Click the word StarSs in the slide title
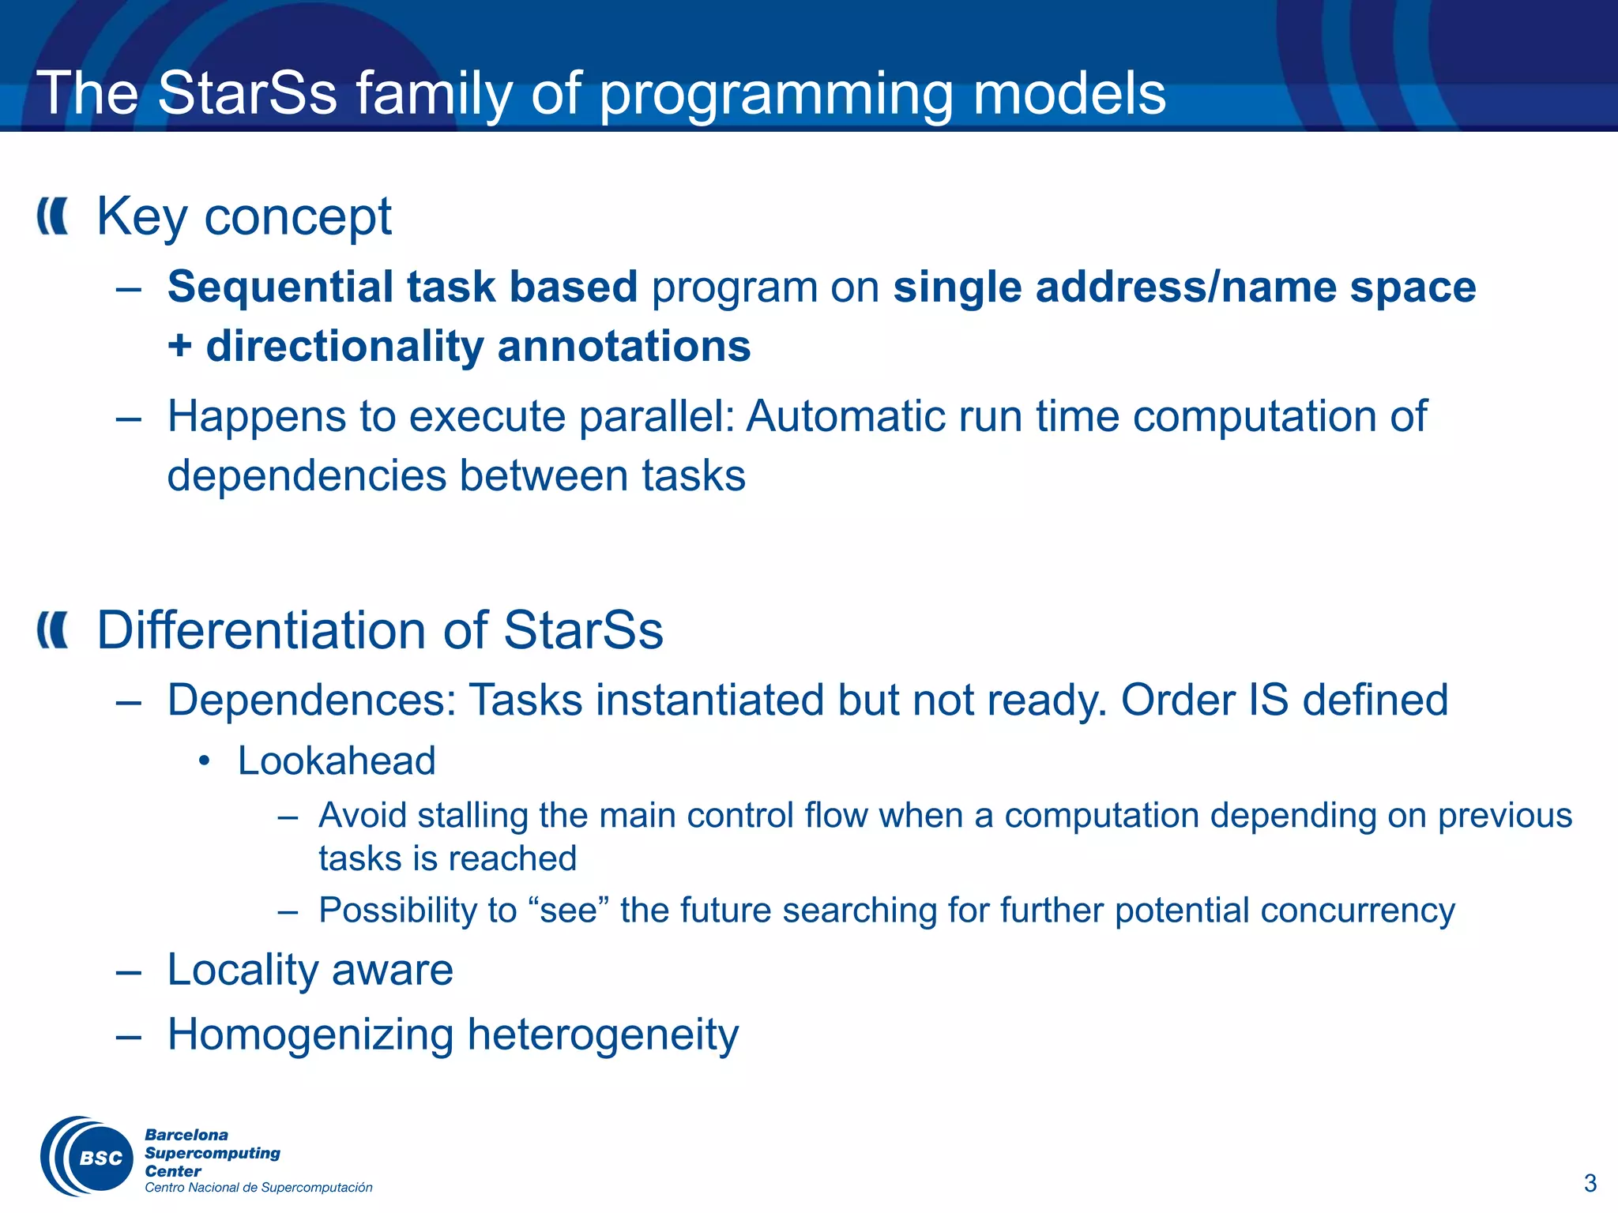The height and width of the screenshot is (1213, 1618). pos(247,94)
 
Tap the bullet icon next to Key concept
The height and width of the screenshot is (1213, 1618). pos(53,216)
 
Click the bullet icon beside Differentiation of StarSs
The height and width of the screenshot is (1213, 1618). pos(53,630)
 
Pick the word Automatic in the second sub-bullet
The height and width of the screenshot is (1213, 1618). pos(845,416)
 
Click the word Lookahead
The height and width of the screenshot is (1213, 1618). pos(337,761)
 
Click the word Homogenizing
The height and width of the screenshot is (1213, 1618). pos(310,1035)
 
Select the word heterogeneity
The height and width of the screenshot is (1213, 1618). pos(603,1035)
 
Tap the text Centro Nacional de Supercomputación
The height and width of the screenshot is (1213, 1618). pos(258,1188)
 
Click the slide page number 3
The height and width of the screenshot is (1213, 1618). pos(1590,1183)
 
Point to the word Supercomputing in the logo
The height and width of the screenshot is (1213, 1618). pos(213,1153)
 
